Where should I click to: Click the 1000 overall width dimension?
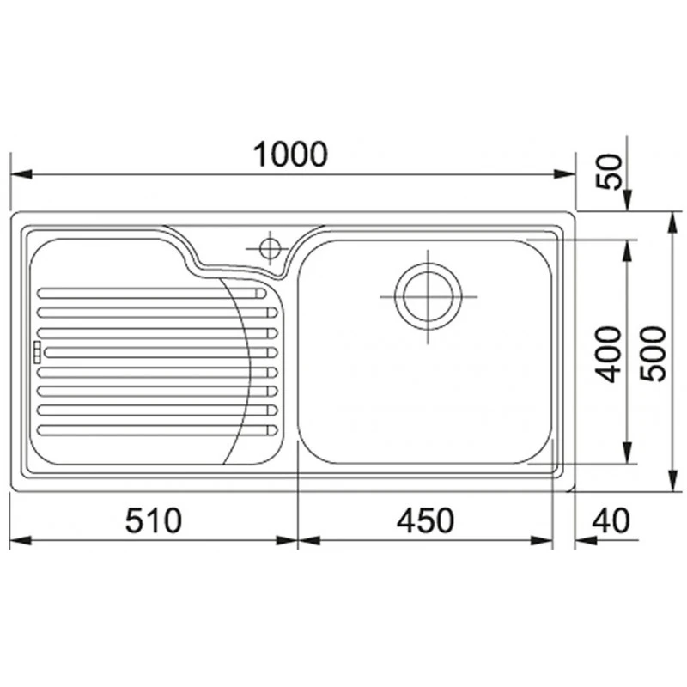pos(290,155)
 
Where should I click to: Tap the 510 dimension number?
pos(153,520)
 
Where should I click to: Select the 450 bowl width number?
pos(425,520)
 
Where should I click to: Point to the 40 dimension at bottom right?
pos(611,520)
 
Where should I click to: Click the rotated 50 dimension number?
pos(610,171)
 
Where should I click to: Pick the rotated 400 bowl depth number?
pos(610,354)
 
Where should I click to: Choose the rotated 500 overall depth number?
pos(653,354)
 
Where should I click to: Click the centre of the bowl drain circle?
pos(428,296)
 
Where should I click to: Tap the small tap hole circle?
pos(270,249)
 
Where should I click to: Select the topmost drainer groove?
pos(152,293)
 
